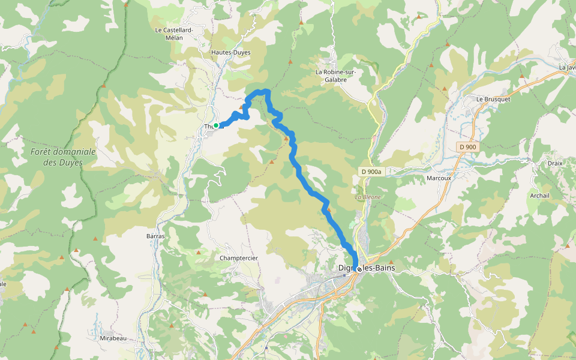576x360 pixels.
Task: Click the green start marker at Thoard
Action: click(216, 125)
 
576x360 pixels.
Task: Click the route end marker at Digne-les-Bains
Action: click(359, 269)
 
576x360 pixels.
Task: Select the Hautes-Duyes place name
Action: click(230, 52)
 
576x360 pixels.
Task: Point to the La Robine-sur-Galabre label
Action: click(336, 75)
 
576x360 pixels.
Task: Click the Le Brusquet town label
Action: click(493, 98)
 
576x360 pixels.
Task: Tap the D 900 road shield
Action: click(468, 147)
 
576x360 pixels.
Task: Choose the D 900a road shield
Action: click(371, 172)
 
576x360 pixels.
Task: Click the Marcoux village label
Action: click(438, 178)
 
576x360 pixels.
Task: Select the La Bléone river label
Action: click(367, 197)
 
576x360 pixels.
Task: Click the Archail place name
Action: click(539, 196)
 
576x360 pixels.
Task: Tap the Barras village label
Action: click(155, 236)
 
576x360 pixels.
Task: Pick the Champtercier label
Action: click(239, 258)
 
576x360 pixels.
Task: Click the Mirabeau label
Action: click(113, 338)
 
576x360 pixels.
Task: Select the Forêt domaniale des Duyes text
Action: click(63, 157)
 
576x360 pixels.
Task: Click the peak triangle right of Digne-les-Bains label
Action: click(391, 262)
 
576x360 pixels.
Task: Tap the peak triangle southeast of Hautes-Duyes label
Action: click(290, 62)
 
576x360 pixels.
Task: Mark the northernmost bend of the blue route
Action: click(264, 91)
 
